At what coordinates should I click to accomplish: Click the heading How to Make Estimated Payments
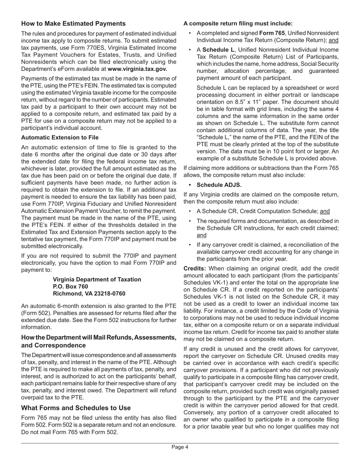point(73,23)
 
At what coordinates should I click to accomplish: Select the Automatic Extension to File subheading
point(60,137)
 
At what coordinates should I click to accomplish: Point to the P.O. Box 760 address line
point(70,286)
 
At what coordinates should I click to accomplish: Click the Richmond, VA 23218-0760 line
point(89,294)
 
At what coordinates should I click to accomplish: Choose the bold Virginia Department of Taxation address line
point(97,279)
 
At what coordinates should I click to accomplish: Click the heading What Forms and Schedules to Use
point(76,408)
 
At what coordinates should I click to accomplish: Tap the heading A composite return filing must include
point(238,23)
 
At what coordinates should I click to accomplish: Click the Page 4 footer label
point(180,447)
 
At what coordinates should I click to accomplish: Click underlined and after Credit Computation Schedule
point(324,211)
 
